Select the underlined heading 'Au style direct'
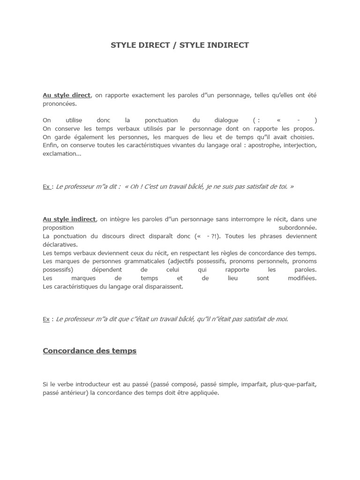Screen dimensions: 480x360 (x=67, y=95)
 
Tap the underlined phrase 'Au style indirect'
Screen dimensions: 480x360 (x=69, y=219)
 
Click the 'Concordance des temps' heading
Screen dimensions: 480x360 (x=90, y=351)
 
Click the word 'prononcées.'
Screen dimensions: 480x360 (x=60, y=104)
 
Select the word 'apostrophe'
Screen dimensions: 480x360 (x=260, y=145)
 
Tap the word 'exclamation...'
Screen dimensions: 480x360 (x=62, y=154)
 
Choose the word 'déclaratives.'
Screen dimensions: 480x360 (x=60, y=244)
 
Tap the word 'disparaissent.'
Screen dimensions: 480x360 (x=163, y=286)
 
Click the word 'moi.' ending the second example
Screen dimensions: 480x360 (x=281, y=319)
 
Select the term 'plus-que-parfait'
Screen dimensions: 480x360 (x=293, y=384)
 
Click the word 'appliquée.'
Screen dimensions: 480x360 (x=203, y=393)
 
